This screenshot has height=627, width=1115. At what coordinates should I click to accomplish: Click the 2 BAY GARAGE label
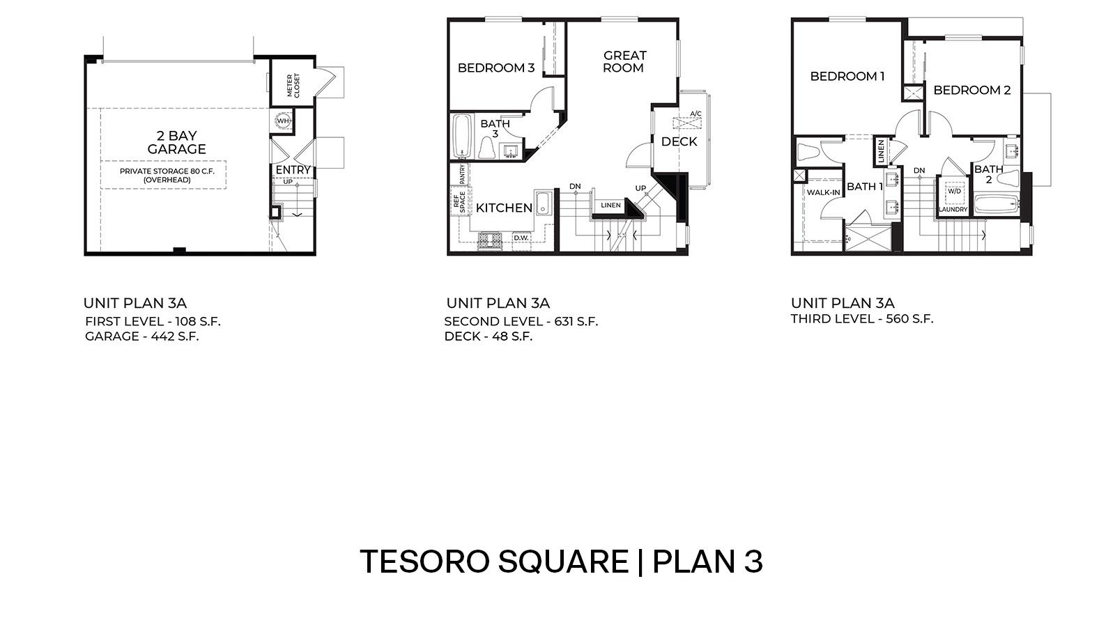coord(176,142)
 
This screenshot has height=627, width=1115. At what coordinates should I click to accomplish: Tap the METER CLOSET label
coord(293,86)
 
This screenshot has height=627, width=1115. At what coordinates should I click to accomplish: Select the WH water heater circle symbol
coord(283,121)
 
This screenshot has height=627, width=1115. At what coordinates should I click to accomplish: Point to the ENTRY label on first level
coord(293,169)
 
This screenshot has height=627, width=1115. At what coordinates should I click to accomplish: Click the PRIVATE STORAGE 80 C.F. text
coord(167,171)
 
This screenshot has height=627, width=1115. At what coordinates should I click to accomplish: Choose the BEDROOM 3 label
coord(495,68)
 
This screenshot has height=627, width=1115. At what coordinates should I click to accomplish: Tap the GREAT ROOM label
coord(624,61)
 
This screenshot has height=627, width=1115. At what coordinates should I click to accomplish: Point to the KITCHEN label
coord(504,208)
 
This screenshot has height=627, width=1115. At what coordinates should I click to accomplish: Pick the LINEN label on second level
coord(610,205)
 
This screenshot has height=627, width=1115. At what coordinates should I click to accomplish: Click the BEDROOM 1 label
coord(847,77)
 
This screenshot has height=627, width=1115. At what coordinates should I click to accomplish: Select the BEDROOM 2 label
coord(971,91)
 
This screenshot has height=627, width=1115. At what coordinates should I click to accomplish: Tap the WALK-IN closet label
coord(823,192)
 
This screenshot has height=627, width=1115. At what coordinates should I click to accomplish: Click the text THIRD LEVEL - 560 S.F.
coord(861,319)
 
